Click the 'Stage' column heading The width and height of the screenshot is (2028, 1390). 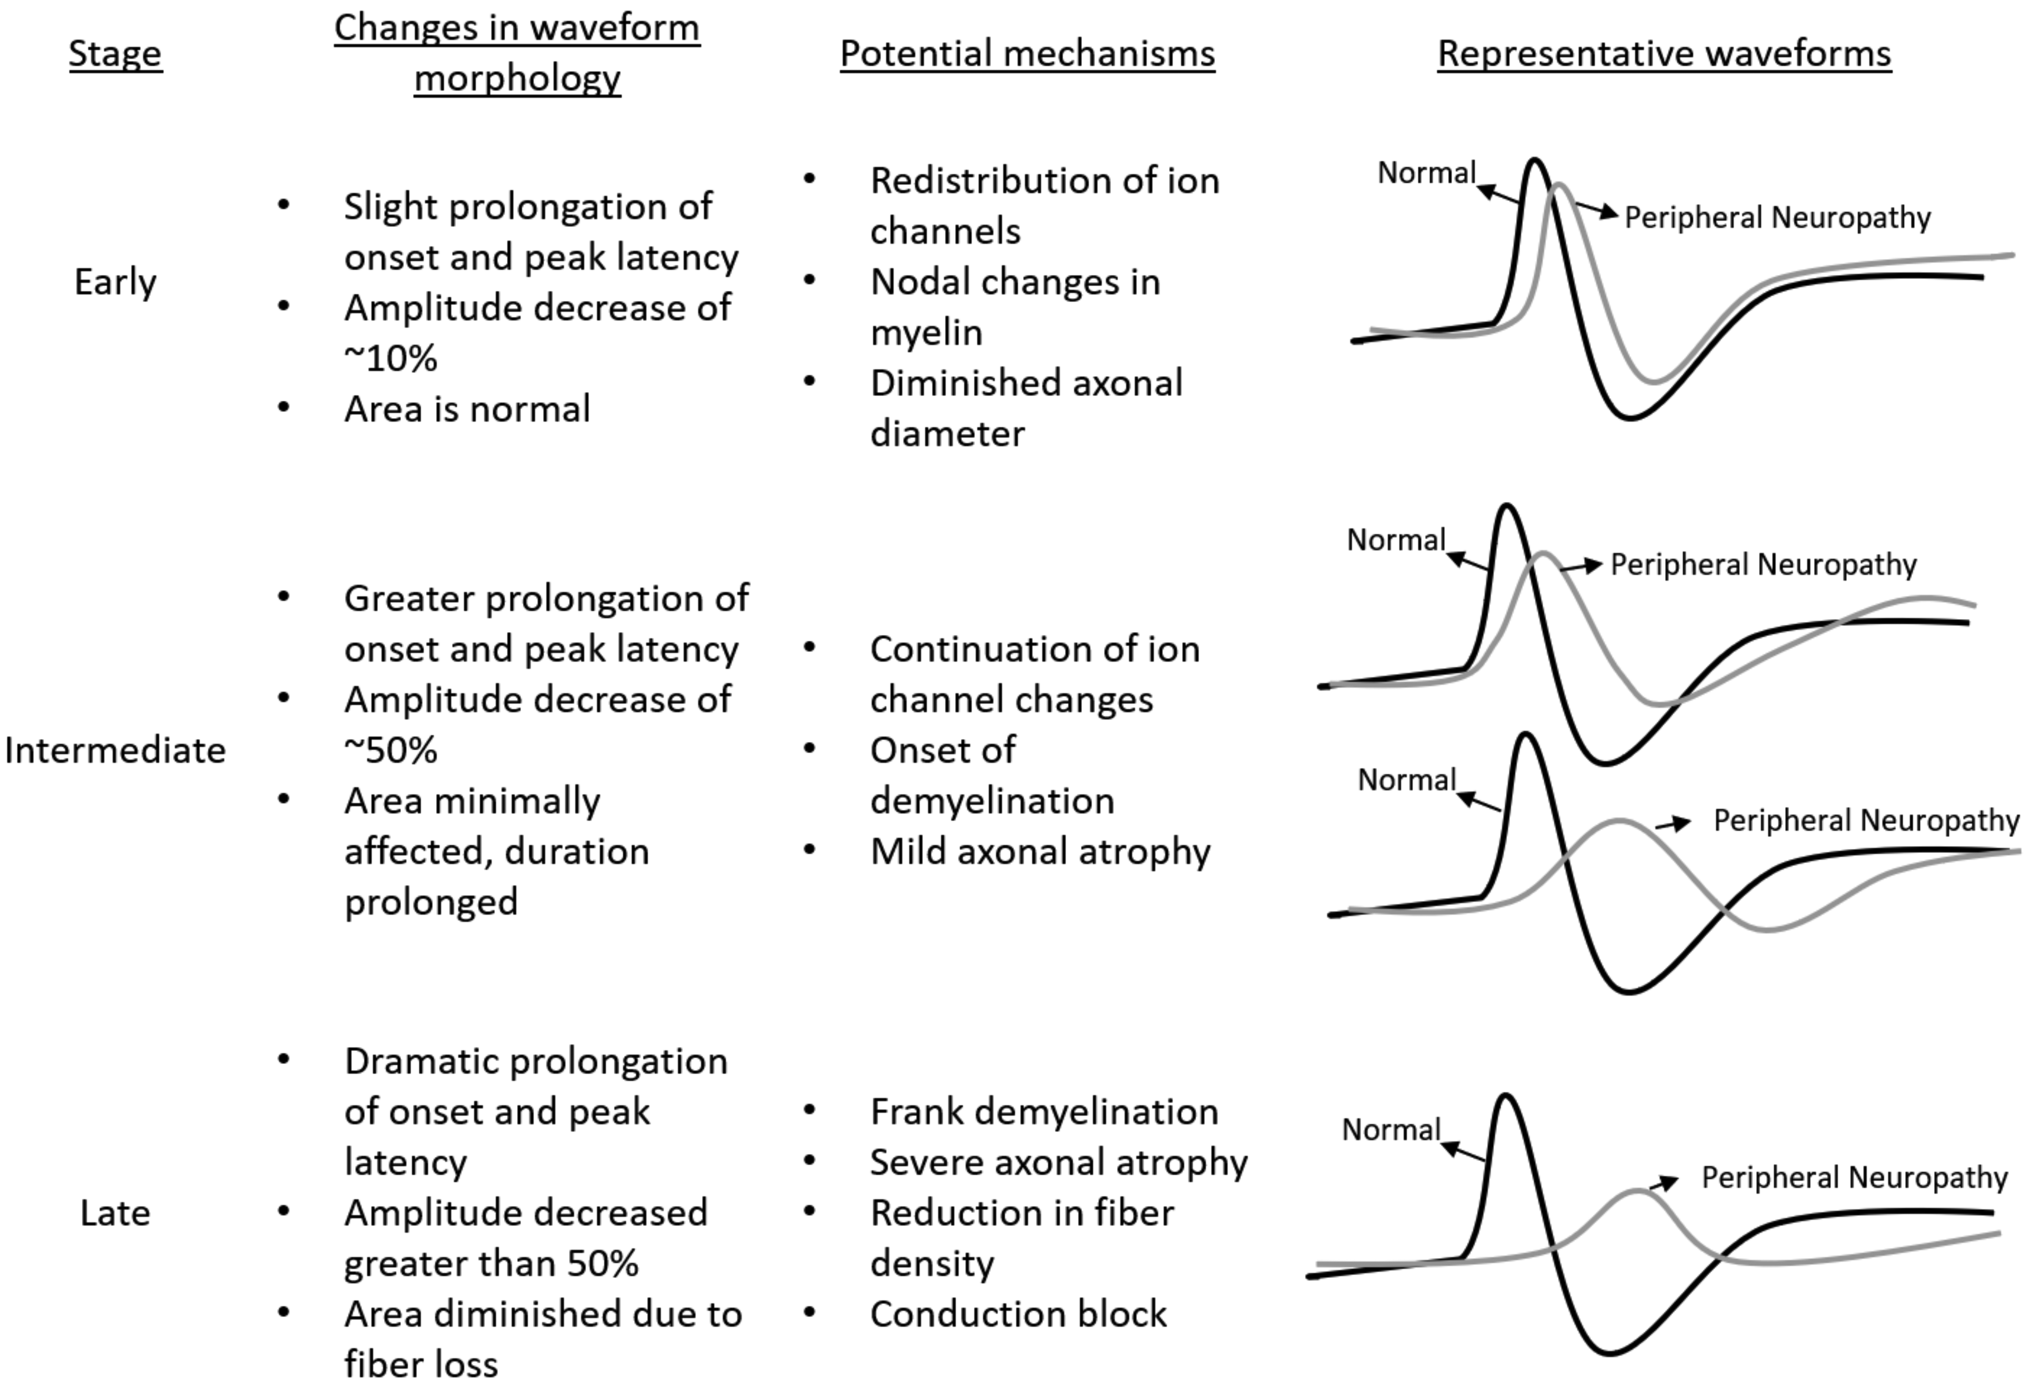pyautogui.click(x=115, y=53)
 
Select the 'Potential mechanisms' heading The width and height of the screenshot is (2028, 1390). pyautogui.click(x=1027, y=53)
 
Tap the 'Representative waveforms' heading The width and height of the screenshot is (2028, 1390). pyautogui.click(x=1664, y=53)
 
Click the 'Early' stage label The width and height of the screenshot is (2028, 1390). pyautogui.click(x=115, y=282)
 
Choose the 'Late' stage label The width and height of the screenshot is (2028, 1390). pyautogui.click(x=115, y=1213)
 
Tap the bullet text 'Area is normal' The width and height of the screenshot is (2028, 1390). pyautogui.click(x=467, y=409)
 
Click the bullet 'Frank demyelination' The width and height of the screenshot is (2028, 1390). pyautogui.click(x=1044, y=1111)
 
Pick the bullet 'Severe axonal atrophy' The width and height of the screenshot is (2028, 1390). pyautogui.click(x=1059, y=1162)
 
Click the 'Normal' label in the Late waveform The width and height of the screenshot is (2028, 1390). pyautogui.click(x=1391, y=1130)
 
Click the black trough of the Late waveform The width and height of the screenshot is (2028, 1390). pyautogui.click(x=1610, y=1352)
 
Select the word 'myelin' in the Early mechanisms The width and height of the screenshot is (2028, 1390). pyautogui.click(x=926, y=332)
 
